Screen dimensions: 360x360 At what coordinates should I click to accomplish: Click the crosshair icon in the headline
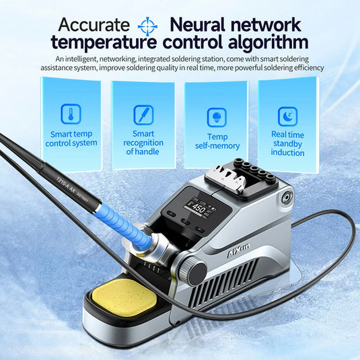pos(147,26)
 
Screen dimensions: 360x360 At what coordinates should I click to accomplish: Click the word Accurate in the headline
pos(94,26)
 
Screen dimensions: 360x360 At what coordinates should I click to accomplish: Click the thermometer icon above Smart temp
pos(71,114)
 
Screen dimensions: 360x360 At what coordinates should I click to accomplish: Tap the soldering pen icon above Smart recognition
pos(143,114)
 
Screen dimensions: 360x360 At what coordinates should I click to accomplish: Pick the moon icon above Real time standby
pos(288,116)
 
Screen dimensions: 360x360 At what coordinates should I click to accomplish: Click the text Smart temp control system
pos(71,138)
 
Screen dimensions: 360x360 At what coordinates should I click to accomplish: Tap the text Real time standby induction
pos(287,143)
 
